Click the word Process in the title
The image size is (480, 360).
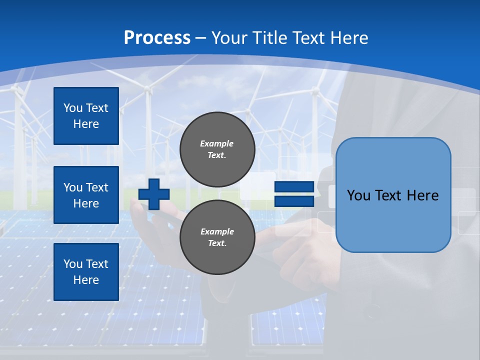(157, 38)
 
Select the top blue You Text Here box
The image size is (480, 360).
(86, 116)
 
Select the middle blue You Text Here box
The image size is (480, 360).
(86, 195)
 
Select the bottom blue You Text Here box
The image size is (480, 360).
(86, 272)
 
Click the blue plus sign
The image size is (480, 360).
(153, 194)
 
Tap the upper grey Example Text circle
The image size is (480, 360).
(217, 149)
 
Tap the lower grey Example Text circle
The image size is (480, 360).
(217, 237)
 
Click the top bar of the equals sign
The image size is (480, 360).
(294, 187)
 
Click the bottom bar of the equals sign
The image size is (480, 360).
(294, 201)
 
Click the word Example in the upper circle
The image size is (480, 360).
(217, 143)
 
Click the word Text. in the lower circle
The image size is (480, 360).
(217, 243)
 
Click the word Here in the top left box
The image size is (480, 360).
(86, 124)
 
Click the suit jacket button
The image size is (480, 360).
(373, 314)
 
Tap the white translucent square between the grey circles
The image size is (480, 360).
(257, 186)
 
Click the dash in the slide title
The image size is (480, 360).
(200, 38)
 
